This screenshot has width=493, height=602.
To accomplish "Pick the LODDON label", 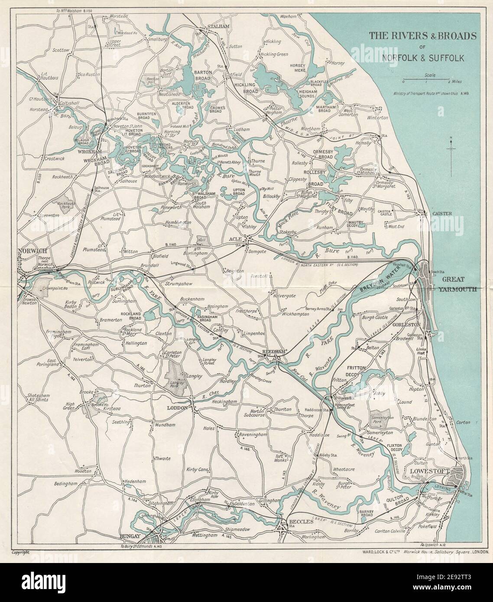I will [178, 408].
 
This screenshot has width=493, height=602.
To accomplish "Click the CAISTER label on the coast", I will [442, 214].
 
